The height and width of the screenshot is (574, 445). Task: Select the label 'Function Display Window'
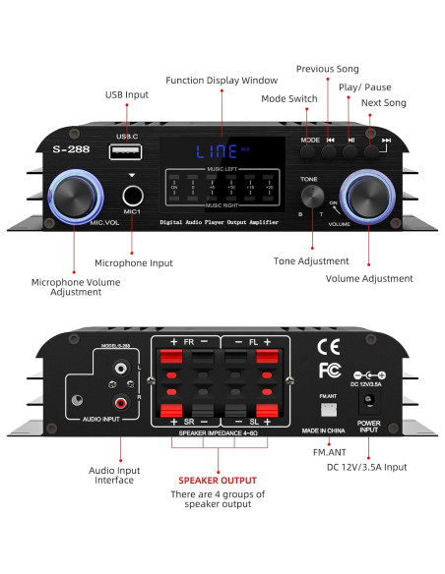221,81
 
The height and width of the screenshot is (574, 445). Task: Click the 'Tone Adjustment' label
311,260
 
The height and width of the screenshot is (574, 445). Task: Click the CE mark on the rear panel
330,347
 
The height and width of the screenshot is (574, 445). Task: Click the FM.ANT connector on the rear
331,404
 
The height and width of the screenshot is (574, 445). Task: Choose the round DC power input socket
370,401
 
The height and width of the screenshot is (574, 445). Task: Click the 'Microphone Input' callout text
133,263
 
